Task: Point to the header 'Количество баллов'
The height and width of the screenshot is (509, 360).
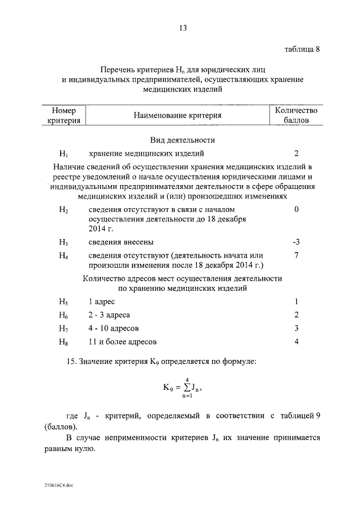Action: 296,115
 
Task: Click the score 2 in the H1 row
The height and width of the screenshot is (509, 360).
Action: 296,153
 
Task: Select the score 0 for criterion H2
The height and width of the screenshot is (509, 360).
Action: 296,209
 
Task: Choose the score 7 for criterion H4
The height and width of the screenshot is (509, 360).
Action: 296,255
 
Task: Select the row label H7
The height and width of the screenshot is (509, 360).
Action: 64,328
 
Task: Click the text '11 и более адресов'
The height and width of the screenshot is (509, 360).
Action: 123,341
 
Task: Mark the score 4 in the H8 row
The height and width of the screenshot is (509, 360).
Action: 296,341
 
